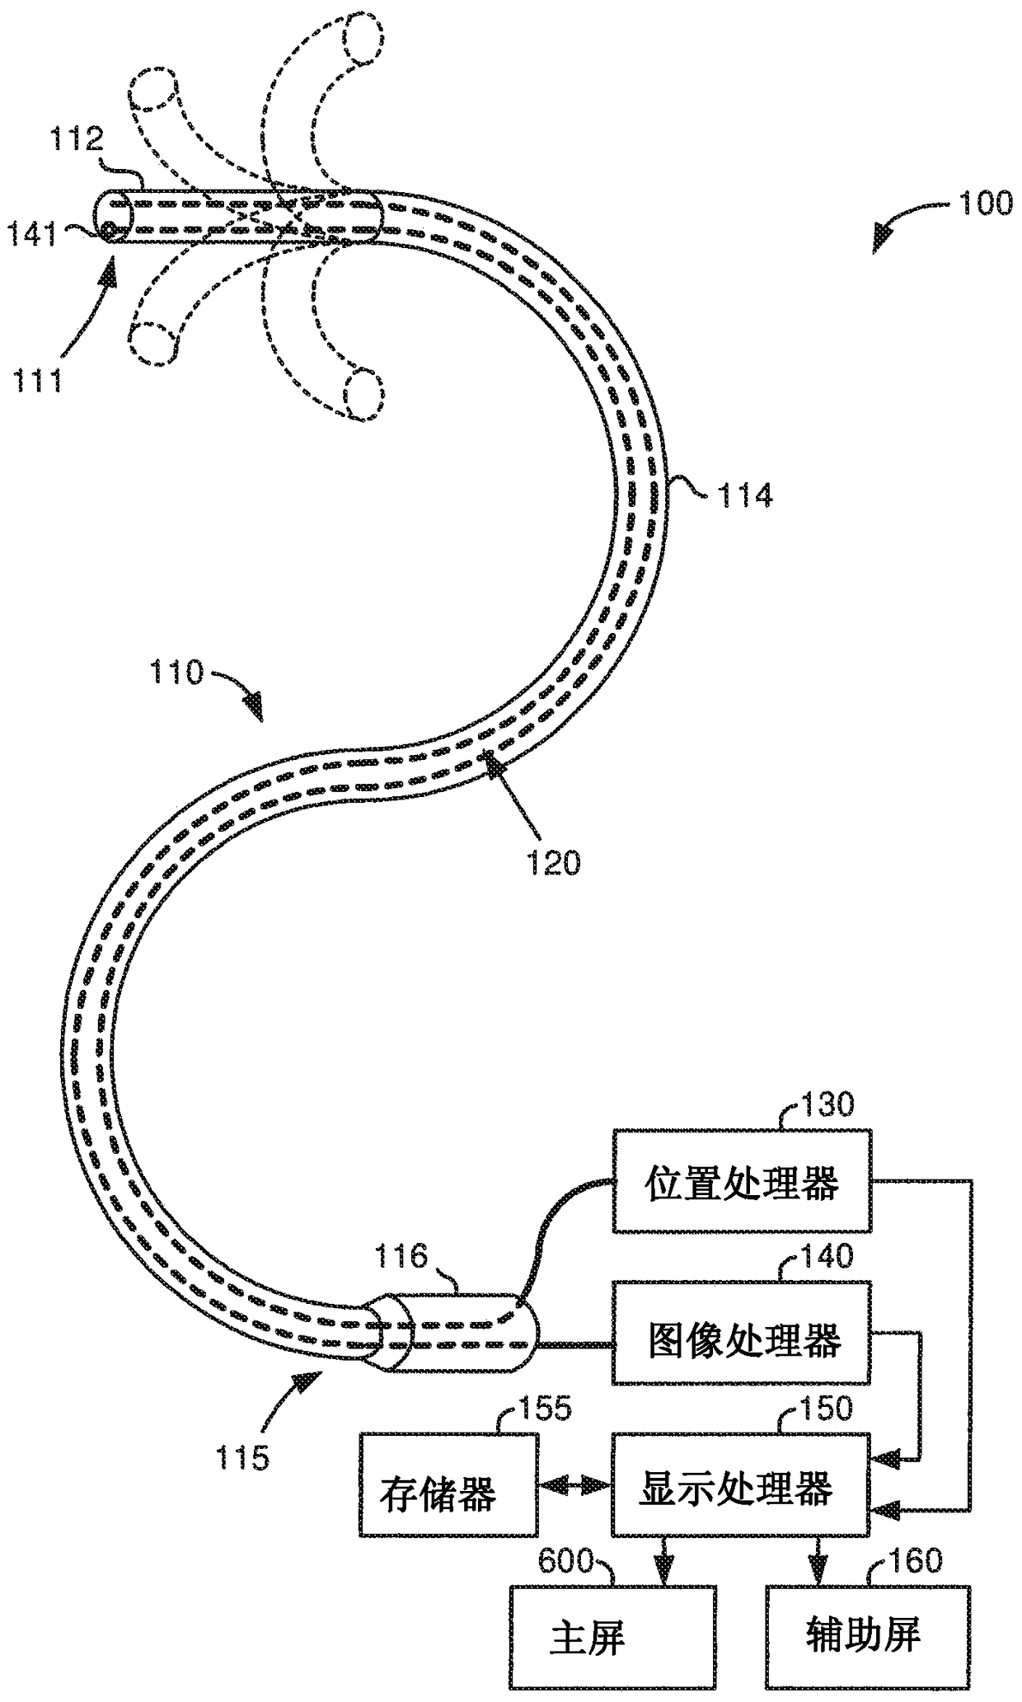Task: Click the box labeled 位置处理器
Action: coord(741,1183)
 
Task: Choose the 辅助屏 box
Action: coord(862,1634)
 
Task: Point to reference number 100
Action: coord(985,203)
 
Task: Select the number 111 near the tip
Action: coord(37,381)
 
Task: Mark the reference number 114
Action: coord(745,495)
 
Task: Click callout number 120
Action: coord(554,863)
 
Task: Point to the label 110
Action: coord(176,673)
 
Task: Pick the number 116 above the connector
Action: coord(401,1256)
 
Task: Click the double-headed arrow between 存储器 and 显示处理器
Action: coord(574,1485)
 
